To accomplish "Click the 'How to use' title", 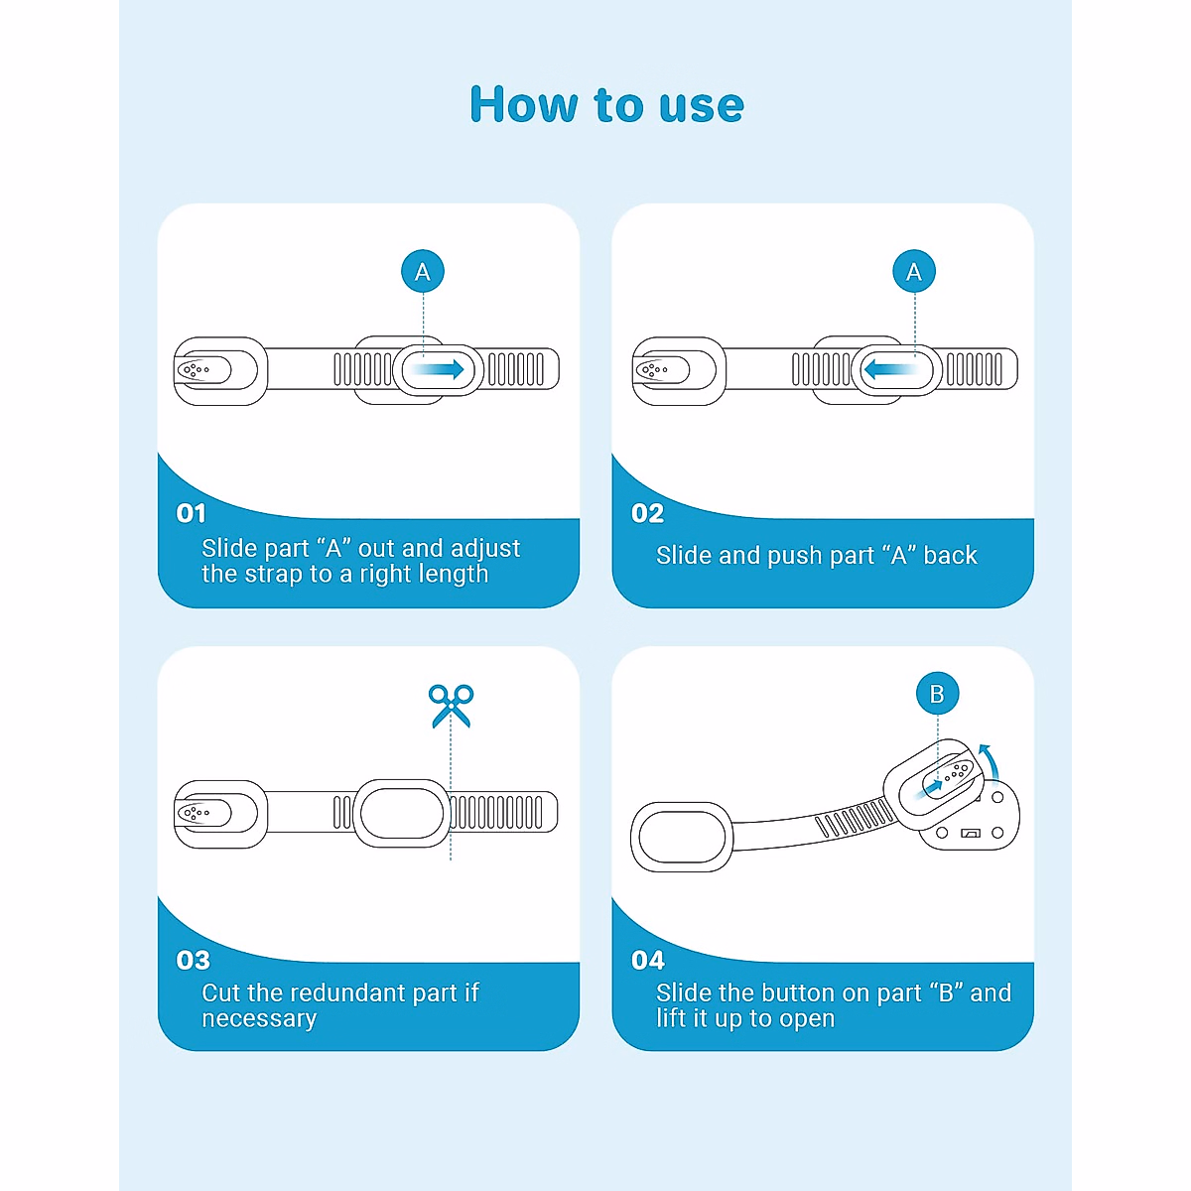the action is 606,104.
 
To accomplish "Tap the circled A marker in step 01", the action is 423,271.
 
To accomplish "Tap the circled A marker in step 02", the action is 914,271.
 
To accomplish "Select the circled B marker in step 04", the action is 937,694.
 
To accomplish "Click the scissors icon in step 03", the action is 452,706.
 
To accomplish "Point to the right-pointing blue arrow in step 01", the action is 439,369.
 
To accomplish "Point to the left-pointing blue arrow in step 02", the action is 890,369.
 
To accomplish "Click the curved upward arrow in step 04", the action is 991,764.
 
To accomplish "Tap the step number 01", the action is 191,513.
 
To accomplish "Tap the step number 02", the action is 647,513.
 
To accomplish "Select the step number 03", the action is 193,960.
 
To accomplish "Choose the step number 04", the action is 648,960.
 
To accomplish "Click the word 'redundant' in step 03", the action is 347,992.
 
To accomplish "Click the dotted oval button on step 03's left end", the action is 203,813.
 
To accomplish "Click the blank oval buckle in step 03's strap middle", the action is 402,814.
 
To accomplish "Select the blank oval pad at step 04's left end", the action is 682,837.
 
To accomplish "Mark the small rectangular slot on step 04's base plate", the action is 971,833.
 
